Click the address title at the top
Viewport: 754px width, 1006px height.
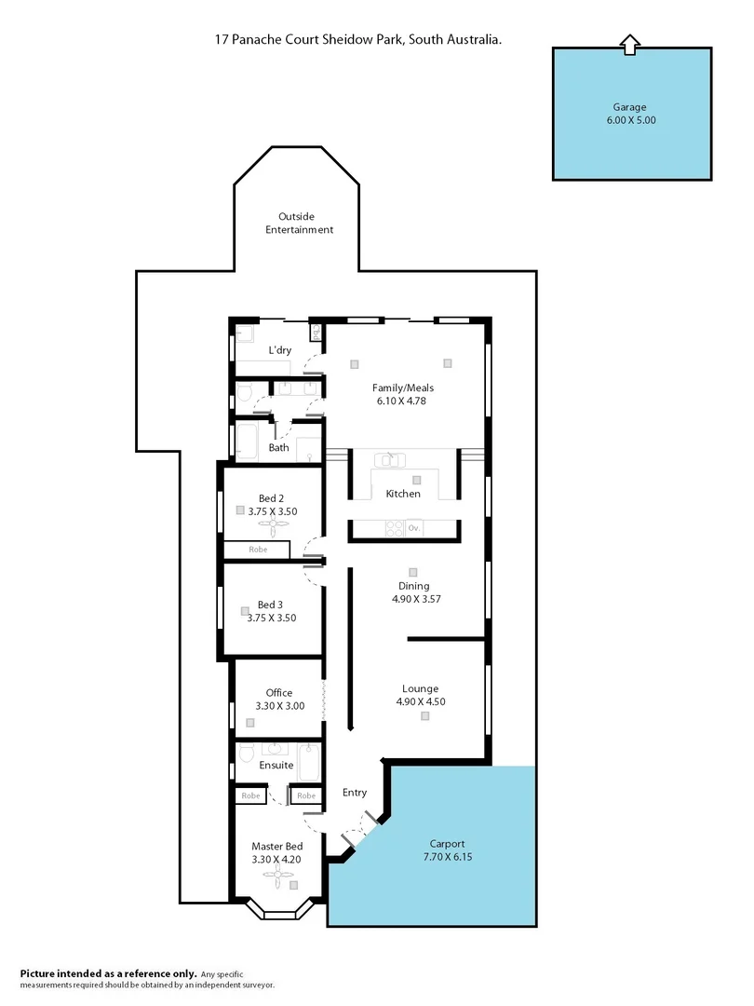tap(359, 40)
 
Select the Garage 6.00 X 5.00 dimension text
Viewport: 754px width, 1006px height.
tap(632, 120)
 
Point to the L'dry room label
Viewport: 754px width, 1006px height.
tap(281, 350)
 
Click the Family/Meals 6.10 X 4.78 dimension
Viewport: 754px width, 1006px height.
tap(402, 401)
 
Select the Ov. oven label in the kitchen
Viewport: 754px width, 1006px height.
tap(414, 528)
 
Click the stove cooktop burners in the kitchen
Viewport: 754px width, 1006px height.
tap(395, 528)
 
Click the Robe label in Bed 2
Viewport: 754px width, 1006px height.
tap(258, 550)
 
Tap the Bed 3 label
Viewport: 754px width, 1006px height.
tap(270, 605)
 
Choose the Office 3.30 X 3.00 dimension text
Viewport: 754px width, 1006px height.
tap(279, 706)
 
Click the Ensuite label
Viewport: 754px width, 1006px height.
tap(276, 765)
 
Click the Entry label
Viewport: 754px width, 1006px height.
tap(354, 793)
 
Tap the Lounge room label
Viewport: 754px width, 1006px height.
tap(420, 688)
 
